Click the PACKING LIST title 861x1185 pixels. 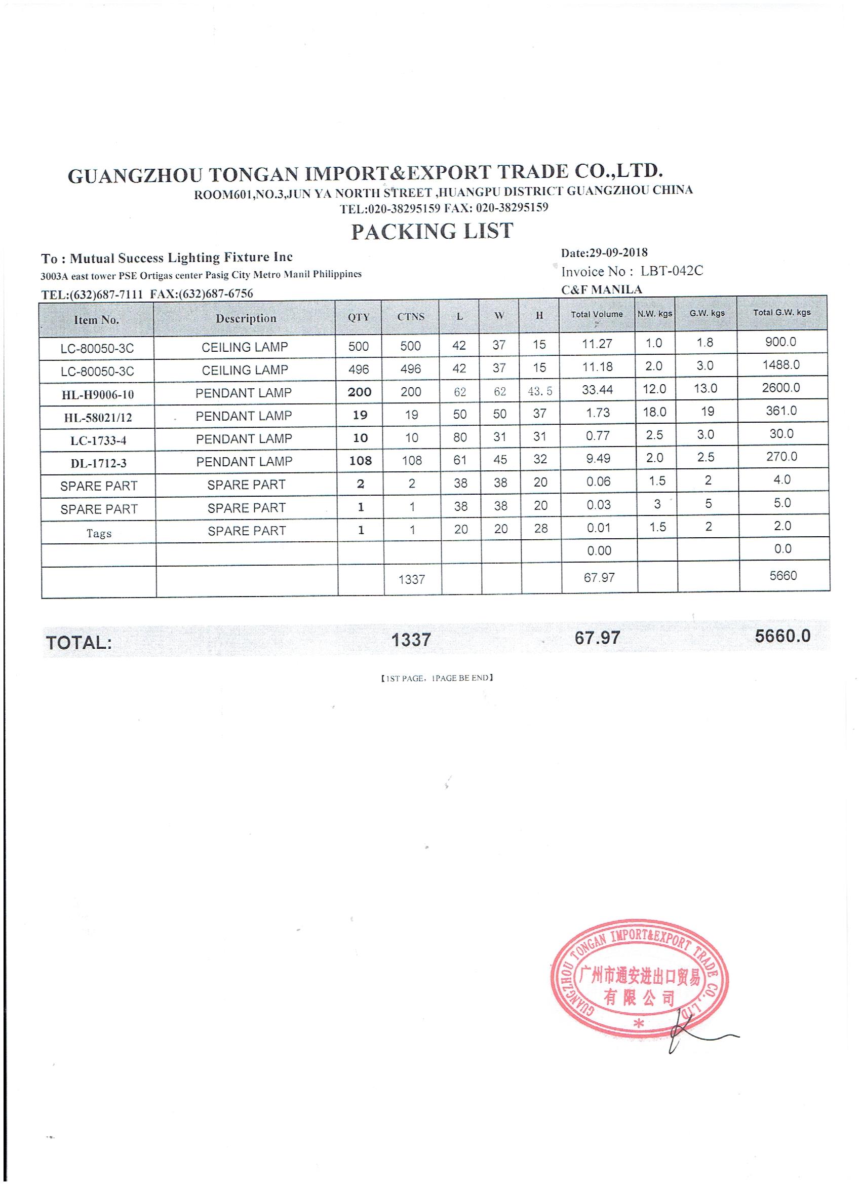tap(432, 232)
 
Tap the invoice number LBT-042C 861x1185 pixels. tap(671, 271)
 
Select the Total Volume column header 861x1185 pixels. tap(596, 315)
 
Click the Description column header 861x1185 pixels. tap(246, 318)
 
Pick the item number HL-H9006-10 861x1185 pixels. tap(98, 394)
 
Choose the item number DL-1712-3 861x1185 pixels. tap(98, 463)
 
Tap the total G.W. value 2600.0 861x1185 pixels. tap(780, 388)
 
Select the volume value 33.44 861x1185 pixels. tap(597, 389)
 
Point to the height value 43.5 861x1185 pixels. tap(539, 391)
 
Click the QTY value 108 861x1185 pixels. tap(360, 460)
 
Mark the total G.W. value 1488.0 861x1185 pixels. tap(780, 365)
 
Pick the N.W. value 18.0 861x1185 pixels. tap(654, 412)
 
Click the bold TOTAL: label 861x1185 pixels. tap(79, 643)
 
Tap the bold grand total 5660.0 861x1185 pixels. tap(782, 636)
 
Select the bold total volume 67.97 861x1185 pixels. tap(597, 638)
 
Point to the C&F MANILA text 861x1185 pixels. tap(602, 289)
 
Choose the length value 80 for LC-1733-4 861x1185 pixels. tap(459, 437)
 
